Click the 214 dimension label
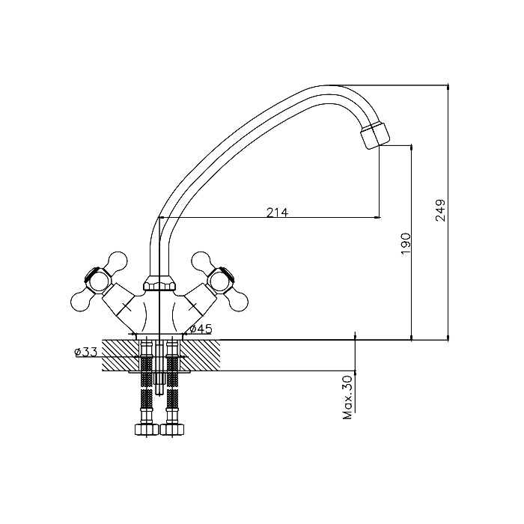[277, 212]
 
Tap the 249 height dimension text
[440, 210]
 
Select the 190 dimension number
[405, 243]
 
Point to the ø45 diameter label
[201, 329]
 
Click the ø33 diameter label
[86, 352]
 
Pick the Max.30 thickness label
[347, 397]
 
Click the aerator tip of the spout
[375, 135]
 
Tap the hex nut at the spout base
[159, 283]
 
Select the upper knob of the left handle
[117, 261]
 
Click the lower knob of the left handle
[81, 302]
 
